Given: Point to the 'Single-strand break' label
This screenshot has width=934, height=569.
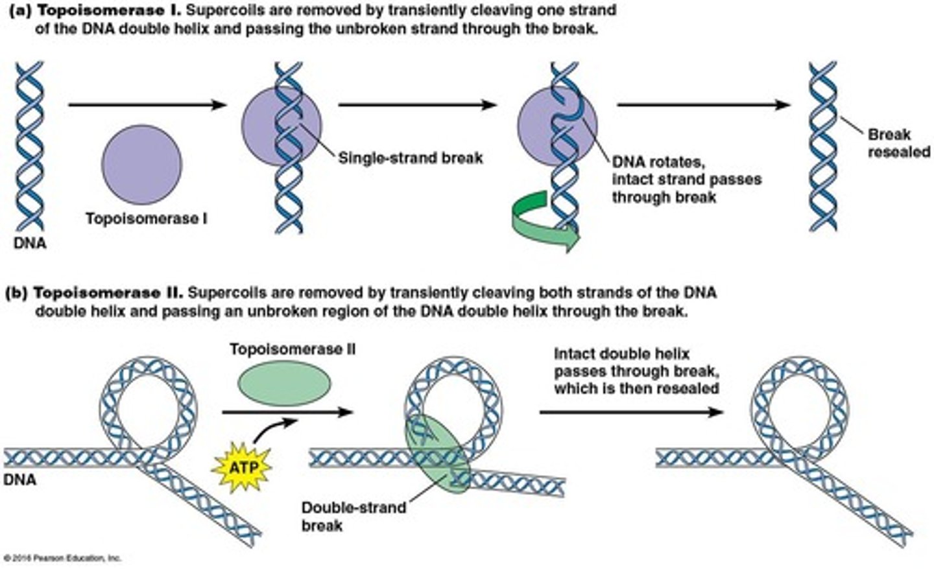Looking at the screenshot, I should [x=410, y=158].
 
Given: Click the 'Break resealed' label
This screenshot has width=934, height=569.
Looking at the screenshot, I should [x=898, y=143].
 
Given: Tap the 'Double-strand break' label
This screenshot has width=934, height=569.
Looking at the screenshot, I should [x=353, y=515].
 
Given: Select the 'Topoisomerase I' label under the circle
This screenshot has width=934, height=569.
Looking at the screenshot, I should [x=147, y=219].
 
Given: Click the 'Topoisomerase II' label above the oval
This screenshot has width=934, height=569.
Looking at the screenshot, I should [x=292, y=350].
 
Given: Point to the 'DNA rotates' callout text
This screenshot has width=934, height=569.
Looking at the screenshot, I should [x=686, y=179].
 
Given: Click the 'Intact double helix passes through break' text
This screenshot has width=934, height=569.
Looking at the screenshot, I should [x=636, y=371].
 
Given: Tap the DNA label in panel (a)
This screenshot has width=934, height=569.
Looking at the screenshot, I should [x=30, y=244].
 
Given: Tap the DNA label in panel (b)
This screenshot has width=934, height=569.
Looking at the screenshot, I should [x=19, y=480].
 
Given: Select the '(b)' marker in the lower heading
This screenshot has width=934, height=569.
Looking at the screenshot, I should [x=16, y=293].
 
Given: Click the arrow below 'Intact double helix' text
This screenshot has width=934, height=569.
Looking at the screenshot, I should [x=631, y=412].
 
